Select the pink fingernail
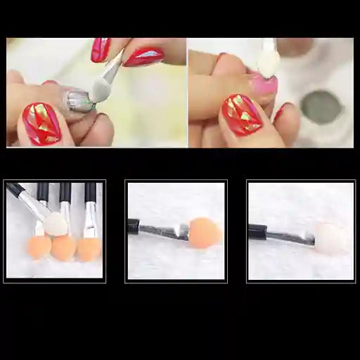(x=262, y=85)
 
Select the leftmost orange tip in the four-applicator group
(x=39, y=246)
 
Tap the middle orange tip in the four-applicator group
(x=63, y=247)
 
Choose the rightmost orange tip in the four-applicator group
(x=88, y=248)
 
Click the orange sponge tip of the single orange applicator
(x=205, y=233)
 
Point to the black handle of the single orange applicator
(x=133, y=226)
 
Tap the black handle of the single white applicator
(x=257, y=230)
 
